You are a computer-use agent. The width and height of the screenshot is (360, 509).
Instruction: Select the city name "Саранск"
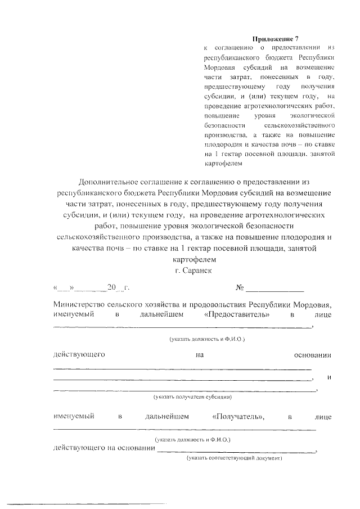tap(200, 271)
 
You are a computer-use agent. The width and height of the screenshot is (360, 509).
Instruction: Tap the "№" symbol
tap(240, 288)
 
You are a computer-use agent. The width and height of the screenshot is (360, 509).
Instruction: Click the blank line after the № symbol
tap(276, 290)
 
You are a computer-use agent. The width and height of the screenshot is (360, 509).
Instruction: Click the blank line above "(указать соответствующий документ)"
tap(236, 451)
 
